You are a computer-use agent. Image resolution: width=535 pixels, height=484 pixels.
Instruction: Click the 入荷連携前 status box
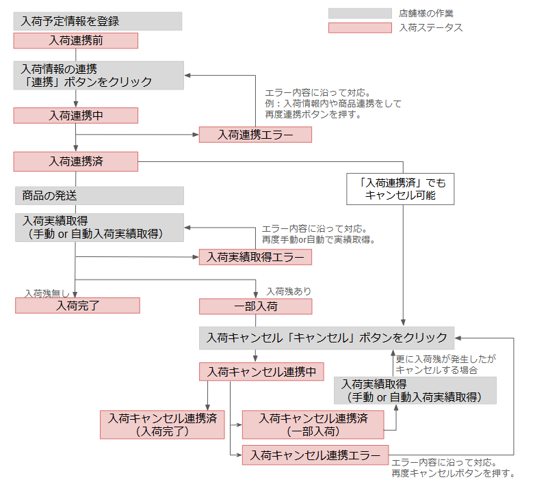tap(76, 40)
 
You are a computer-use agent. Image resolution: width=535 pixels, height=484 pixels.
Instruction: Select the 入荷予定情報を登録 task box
tap(98, 21)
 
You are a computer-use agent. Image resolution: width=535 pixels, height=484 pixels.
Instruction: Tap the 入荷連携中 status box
tap(76, 116)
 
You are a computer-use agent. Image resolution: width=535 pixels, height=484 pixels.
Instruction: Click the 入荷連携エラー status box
tap(255, 135)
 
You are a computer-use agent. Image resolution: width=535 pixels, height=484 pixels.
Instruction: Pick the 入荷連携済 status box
tap(76, 161)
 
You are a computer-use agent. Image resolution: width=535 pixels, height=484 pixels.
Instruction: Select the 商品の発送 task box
tap(99, 196)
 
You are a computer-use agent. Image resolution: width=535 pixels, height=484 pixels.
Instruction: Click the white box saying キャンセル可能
tap(400, 189)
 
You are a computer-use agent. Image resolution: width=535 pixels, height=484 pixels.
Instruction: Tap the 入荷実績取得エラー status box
tap(255, 257)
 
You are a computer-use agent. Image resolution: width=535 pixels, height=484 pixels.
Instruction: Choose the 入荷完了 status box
tap(77, 306)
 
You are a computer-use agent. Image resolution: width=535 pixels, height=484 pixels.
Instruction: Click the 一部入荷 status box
tap(256, 306)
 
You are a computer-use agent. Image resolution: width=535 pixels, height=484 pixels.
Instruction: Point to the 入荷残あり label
tap(289, 291)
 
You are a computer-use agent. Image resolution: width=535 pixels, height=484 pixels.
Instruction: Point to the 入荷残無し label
tap(47, 293)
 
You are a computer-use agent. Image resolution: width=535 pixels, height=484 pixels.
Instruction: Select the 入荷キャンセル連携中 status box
tap(261, 371)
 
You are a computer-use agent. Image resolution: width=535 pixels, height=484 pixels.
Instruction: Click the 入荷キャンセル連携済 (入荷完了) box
tap(162, 425)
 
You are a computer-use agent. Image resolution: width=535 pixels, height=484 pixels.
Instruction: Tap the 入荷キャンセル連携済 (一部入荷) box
tap(313, 425)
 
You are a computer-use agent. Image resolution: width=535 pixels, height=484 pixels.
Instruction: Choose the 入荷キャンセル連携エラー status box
tap(315, 455)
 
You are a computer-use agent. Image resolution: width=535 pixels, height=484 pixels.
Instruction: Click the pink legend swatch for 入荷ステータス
tap(360, 28)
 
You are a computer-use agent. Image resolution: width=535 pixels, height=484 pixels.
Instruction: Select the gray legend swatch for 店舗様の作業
tap(360, 13)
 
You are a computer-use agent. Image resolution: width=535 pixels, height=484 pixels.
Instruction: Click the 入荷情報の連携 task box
tap(99, 75)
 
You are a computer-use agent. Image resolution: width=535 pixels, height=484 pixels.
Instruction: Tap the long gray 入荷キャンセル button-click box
tap(326, 338)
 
